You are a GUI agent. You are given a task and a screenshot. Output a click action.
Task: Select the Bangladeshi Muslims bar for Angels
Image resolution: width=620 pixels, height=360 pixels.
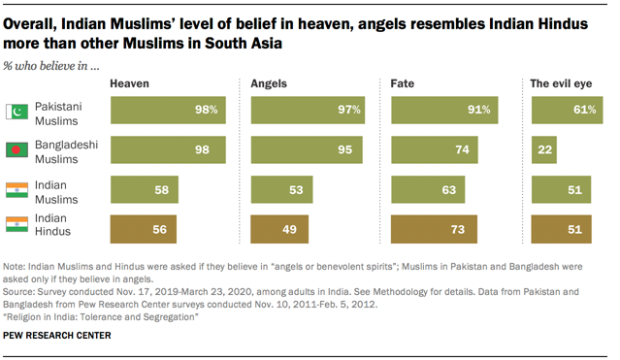click(x=304, y=150)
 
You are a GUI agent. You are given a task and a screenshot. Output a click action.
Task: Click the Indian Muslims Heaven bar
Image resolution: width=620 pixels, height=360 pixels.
click(x=144, y=189)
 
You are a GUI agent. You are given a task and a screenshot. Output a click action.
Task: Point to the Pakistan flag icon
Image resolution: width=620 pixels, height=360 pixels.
click(x=17, y=112)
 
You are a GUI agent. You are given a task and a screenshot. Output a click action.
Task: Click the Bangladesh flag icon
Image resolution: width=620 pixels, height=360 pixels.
click(x=17, y=149)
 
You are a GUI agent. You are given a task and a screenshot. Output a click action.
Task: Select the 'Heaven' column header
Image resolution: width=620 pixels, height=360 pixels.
click(x=129, y=85)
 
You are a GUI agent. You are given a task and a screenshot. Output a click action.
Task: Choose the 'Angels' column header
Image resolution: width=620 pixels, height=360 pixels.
click(x=269, y=85)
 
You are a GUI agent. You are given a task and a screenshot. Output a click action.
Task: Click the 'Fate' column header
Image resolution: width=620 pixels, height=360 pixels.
click(x=402, y=85)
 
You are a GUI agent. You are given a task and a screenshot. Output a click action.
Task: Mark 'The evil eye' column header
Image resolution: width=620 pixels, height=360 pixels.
click(x=562, y=85)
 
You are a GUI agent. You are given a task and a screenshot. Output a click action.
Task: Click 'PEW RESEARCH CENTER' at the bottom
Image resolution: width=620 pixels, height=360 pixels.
click(x=57, y=335)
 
